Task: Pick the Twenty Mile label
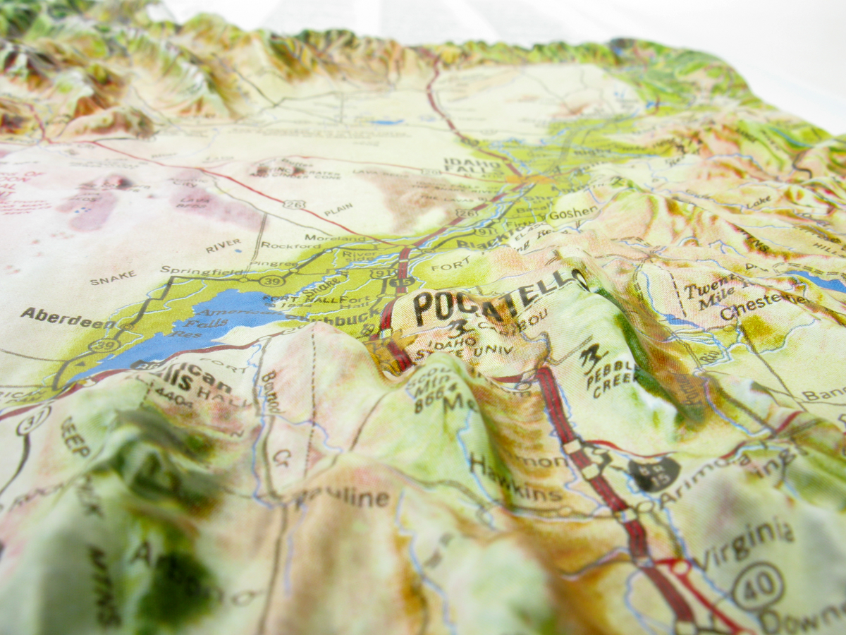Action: [x=706, y=296]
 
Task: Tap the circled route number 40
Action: [x=757, y=586]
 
